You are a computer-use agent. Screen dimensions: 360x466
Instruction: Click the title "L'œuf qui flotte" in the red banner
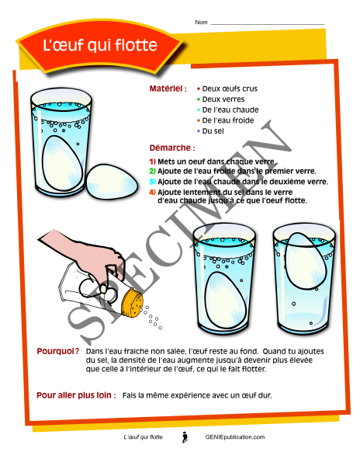coord(100,45)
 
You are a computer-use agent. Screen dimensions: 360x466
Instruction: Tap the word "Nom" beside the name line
coord(201,23)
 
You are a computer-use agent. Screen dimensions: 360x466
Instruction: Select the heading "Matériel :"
coord(168,89)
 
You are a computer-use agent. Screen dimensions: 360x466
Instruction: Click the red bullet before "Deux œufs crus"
coord(199,89)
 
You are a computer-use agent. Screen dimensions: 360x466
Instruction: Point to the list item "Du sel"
coord(213,131)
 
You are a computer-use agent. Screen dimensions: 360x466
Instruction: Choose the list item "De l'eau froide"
coord(228,120)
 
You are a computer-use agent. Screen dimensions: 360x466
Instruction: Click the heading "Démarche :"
coord(172,148)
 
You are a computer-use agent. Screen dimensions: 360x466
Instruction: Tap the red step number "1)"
coord(153,162)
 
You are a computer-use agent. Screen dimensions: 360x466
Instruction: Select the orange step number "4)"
coord(153,193)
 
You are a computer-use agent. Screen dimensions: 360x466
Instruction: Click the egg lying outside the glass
coord(112,182)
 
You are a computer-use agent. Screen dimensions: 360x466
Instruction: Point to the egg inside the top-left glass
coord(62,163)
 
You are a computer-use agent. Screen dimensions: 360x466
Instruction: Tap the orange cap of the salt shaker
coord(132,304)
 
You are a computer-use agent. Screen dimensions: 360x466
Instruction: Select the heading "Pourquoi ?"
coord(58,351)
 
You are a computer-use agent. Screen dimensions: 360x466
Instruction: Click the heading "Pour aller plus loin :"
coord(76,395)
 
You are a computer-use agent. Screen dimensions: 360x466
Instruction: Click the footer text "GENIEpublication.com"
coord(235,437)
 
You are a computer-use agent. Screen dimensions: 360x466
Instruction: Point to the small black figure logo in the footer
coord(185,437)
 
